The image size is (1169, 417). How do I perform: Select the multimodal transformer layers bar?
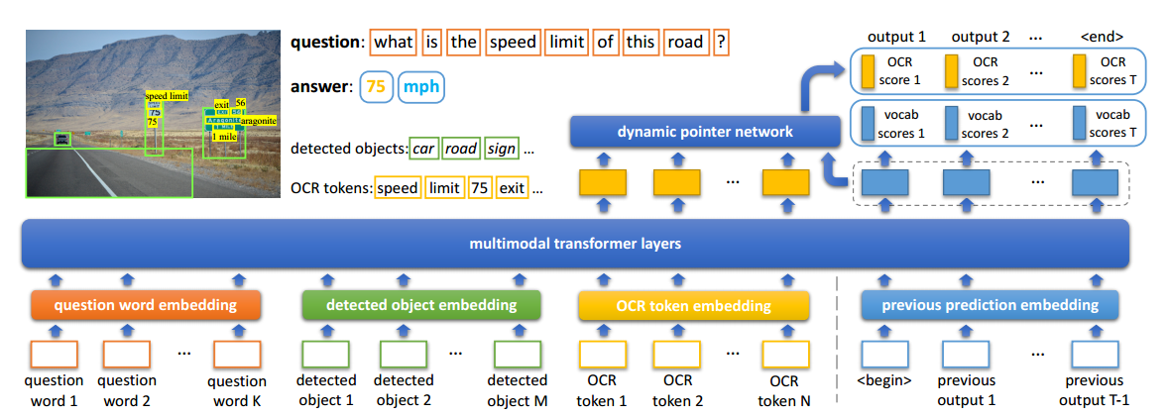click(576, 243)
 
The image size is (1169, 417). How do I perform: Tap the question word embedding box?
click(146, 305)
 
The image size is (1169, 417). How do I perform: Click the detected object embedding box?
click(420, 305)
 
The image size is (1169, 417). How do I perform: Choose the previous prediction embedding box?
click(980, 305)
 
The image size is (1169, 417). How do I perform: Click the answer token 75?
click(375, 87)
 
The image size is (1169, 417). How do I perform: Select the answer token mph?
click(420, 87)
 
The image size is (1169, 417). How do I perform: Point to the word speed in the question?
click(513, 43)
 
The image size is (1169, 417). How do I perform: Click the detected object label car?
click(424, 150)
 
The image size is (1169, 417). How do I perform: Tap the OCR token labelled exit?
click(512, 187)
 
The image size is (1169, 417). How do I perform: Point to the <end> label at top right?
click(1101, 37)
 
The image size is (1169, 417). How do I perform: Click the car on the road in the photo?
click(62, 140)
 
